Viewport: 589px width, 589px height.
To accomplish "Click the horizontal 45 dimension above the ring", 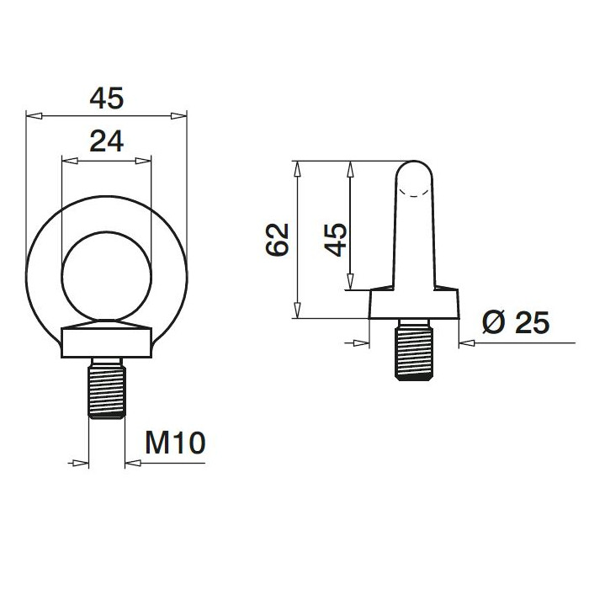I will point(107,98).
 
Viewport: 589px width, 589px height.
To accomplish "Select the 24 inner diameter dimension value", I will point(107,142).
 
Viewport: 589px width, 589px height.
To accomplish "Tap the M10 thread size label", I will point(175,443).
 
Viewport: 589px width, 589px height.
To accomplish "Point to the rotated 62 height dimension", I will point(277,239).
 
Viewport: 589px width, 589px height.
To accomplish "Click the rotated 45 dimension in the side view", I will point(335,239).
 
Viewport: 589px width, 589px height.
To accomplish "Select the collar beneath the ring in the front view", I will point(107,342).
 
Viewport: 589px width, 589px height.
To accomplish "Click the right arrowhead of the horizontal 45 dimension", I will point(178,115).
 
